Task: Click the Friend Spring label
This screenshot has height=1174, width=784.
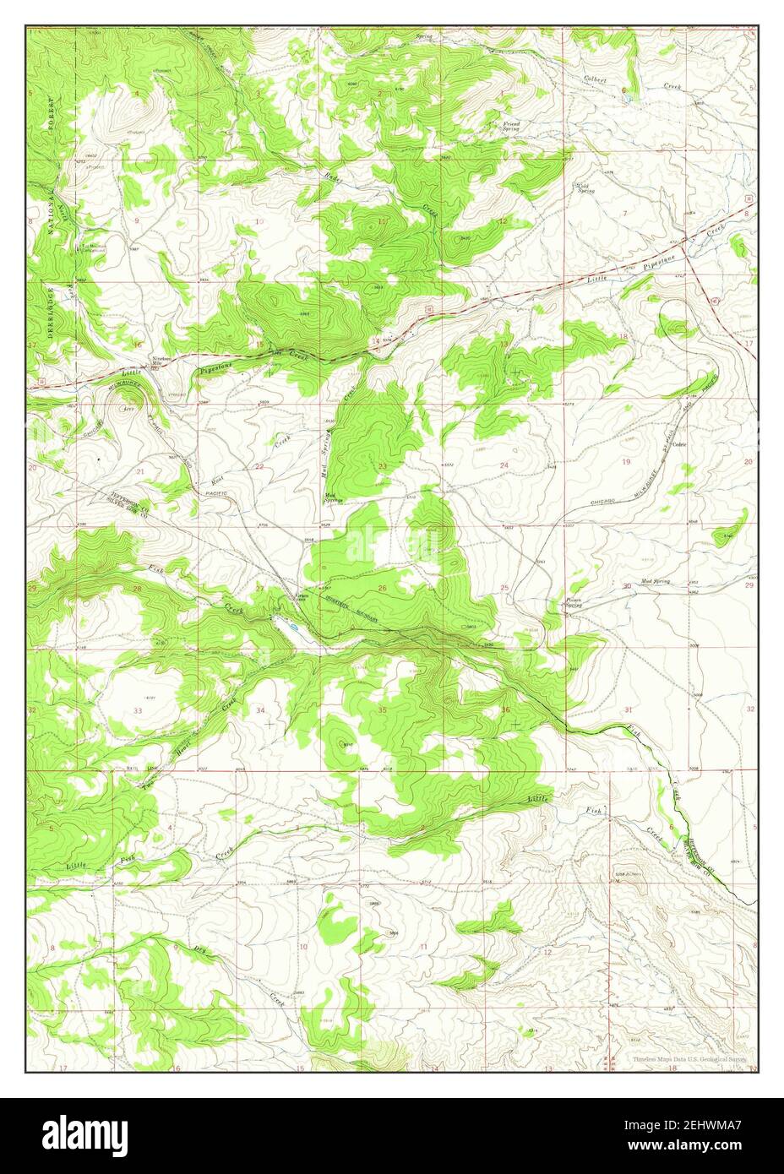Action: coord(511,127)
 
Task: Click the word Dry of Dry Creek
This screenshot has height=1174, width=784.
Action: coord(200,949)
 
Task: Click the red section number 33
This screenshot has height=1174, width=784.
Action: coord(137,711)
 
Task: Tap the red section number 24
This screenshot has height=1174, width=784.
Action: coord(504,465)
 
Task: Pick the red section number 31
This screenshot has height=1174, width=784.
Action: coord(628,709)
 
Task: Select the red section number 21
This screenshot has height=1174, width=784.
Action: coord(140,470)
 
